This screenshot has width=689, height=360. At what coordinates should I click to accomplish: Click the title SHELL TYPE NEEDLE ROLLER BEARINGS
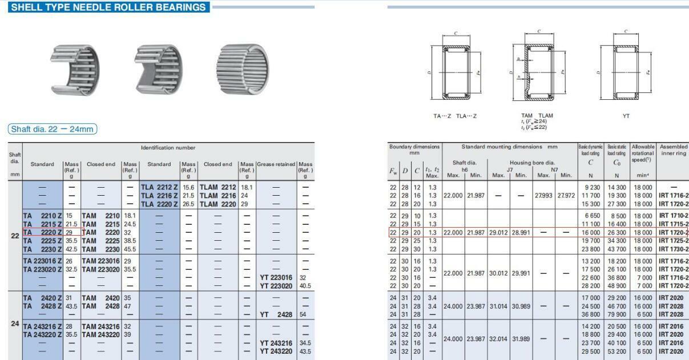tap(108, 7)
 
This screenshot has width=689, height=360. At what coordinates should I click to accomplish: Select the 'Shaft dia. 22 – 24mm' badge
tap(53, 129)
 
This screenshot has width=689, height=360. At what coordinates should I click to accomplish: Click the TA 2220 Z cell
tap(43, 232)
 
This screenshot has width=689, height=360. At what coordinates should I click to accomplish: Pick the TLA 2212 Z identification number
tap(160, 187)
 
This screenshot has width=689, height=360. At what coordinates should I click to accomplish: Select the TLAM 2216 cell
tap(217, 195)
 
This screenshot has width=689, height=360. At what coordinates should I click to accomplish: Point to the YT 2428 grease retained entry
tap(276, 314)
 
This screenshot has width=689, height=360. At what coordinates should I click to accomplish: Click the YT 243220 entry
tap(276, 351)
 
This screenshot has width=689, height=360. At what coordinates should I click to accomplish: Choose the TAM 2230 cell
tap(101, 249)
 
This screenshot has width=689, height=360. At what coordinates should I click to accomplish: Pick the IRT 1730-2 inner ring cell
tap(673, 249)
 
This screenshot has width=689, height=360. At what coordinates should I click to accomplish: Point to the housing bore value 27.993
tap(543, 195)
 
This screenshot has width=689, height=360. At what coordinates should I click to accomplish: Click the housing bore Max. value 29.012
tap(498, 232)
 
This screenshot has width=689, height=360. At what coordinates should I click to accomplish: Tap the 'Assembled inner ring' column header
tap(673, 149)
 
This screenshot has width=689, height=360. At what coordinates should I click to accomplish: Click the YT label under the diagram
tap(626, 116)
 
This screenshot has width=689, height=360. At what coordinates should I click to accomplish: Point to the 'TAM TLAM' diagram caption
tap(537, 116)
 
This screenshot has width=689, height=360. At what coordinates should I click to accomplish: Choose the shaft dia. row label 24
tap(15, 323)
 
